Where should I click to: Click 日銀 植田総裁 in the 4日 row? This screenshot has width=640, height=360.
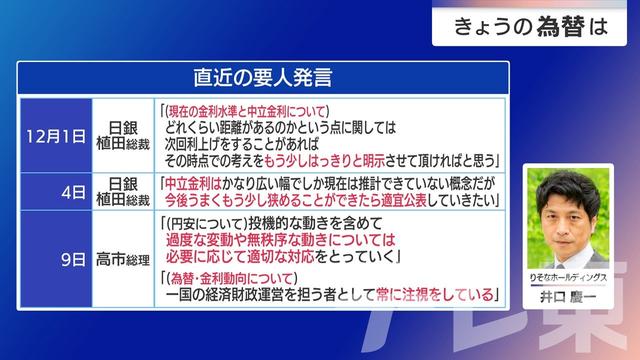click(x=122, y=192)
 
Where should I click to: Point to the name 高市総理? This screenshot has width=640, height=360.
click(x=122, y=260)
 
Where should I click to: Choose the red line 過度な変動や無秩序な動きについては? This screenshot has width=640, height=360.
click(x=289, y=241)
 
